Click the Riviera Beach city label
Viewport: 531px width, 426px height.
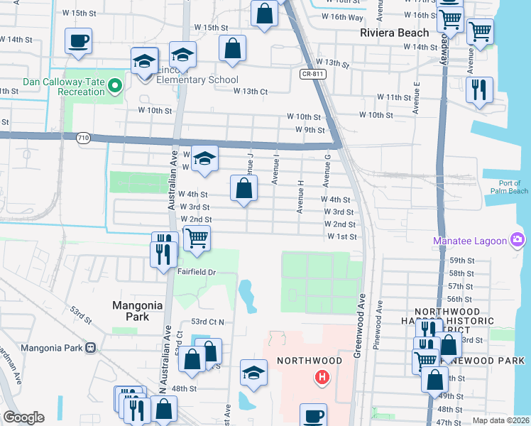coord(395,33)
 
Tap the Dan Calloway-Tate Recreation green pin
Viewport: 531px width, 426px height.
coord(119,87)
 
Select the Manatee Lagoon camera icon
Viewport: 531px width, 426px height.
coord(518,241)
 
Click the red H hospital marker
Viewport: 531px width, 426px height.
coord(322,376)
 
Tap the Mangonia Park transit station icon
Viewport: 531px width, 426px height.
coord(90,348)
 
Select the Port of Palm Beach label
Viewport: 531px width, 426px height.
coord(509,187)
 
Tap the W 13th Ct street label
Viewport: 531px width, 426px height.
coord(251,91)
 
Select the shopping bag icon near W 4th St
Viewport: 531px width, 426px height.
coord(243,189)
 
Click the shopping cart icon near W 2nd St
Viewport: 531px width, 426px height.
coord(197,238)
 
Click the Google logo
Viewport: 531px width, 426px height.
coord(23,417)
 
